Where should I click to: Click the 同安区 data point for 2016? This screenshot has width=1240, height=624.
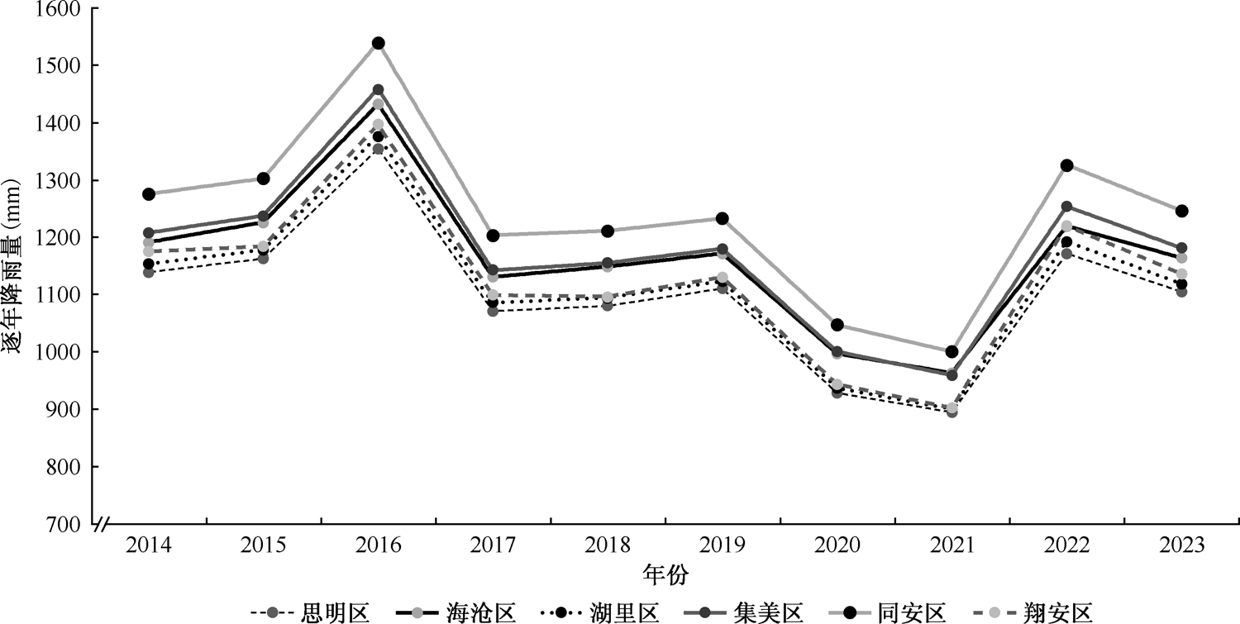tap(378, 43)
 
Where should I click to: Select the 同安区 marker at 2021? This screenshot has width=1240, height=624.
tap(951, 352)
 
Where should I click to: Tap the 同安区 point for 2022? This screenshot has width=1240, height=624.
tap(1066, 165)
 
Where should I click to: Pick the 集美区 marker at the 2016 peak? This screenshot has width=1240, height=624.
tap(378, 89)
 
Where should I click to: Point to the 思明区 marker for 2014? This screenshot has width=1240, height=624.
tap(149, 272)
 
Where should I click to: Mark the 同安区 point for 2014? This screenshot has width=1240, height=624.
tap(149, 194)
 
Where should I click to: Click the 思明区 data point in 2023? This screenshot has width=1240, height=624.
tap(1181, 292)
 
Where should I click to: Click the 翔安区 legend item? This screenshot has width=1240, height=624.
tap(1057, 612)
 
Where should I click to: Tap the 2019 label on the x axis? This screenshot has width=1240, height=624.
tap(722, 545)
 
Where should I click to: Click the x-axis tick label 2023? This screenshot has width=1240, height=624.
tap(1181, 545)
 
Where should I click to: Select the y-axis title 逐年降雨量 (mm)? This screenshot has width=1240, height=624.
tap(14, 266)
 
